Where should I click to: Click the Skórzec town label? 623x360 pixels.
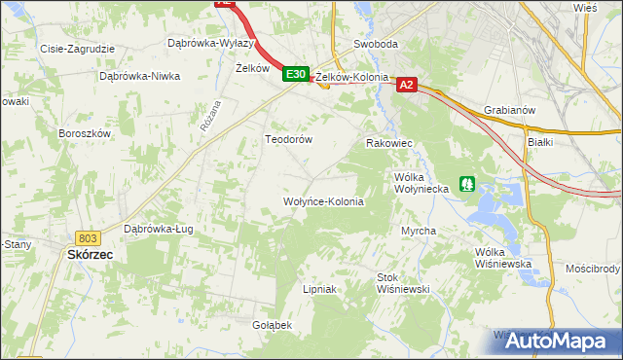point(90,254)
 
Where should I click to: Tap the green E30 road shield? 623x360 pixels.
point(296,74)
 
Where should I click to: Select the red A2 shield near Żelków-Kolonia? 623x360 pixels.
point(408,86)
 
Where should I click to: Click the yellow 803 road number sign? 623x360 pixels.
point(88,238)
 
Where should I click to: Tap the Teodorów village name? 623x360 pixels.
point(289,139)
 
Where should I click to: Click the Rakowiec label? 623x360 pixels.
point(389,143)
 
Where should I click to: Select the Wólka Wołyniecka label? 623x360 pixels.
point(421,183)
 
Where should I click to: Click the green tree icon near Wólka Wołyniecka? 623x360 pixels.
point(467,183)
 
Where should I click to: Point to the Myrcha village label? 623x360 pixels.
point(419,231)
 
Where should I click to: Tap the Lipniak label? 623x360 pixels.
point(319,289)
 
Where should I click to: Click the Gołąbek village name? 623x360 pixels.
point(272,324)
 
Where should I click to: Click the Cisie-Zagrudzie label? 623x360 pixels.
point(77,48)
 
